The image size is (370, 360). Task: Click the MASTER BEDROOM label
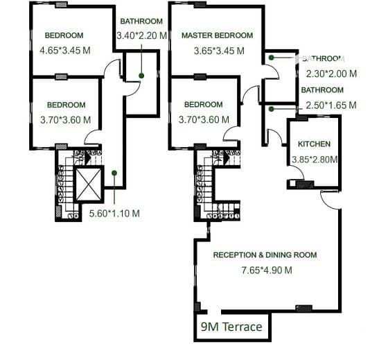pyautogui.click(x=217, y=35)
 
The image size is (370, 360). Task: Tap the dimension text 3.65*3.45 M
pyautogui.click(x=219, y=51)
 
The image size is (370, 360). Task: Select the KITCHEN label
pyautogui.click(x=314, y=144)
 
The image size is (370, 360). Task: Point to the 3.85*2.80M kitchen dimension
pyautogui.click(x=315, y=160)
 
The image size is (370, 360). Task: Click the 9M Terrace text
pyautogui.click(x=231, y=327)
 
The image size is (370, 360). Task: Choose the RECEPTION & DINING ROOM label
pyautogui.click(x=265, y=255)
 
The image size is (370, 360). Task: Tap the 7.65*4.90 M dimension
pyautogui.click(x=267, y=270)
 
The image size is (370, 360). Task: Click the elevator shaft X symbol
pyautogui.click(x=89, y=185)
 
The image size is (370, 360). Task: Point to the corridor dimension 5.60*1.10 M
pyautogui.click(x=114, y=214)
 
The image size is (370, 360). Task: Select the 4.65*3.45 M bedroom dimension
pyautogui.click(x=65, y=51)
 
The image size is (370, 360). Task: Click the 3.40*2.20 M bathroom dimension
pyautogui.click(x=142, y=35)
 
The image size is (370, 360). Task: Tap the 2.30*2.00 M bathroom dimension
pyautogui.click(x=331, y=74)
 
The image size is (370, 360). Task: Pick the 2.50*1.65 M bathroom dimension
pyautogui.click(x=331, y=105)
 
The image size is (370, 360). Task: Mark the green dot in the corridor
pyautogui.click(x=114, y=173)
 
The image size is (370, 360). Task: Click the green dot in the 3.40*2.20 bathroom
pyautogui.click(x=141, y=76)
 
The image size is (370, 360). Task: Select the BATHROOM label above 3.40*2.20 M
pyautogui.click(x=141, y=22)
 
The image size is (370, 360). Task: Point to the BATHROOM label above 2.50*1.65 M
pyautogui.click(x=322, y=90)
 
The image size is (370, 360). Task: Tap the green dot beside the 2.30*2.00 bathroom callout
pyautogui.click(x=272, y=58)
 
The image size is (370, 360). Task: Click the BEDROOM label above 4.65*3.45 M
pyautogui.click(x=64, y=35)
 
